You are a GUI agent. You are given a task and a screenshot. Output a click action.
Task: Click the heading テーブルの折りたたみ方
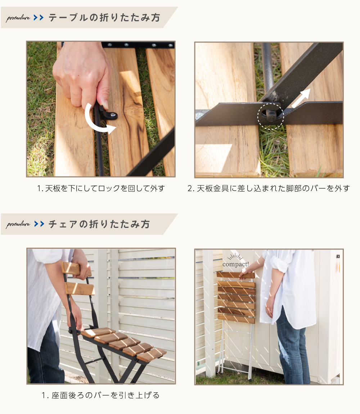click(104, 18)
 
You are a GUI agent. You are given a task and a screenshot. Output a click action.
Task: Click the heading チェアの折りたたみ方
click(99, 224)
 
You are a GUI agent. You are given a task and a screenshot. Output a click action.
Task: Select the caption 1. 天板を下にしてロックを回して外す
click(101, 188)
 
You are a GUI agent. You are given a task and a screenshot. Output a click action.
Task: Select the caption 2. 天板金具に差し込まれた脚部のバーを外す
click(269, 188)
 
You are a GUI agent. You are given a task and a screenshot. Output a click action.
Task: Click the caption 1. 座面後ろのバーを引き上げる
click(101, 395)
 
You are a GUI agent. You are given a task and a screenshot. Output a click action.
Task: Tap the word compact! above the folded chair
click(235, 264)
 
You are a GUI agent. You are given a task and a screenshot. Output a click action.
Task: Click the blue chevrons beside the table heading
click(39, 18)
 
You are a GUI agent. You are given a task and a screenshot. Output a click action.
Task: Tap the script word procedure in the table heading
click(18, 18)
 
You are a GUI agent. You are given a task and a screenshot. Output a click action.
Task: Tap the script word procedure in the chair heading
click(18, 224)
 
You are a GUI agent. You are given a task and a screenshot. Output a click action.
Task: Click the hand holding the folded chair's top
click(245, 273)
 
